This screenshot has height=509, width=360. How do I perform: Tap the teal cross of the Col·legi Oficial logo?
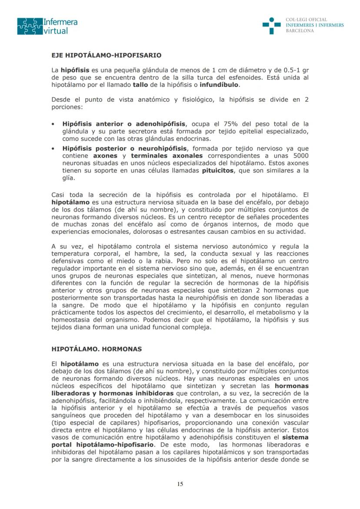click(x=271, y=26)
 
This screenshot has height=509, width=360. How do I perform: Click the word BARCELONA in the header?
click(x=300, y=31)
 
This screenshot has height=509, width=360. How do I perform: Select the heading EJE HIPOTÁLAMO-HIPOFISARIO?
click(x=107, y=55)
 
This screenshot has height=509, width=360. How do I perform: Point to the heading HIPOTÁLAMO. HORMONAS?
click(x=97, y=349)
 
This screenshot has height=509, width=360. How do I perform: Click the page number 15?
click(x=180, y=485)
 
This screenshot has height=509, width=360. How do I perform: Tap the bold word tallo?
click(x=140, y=85)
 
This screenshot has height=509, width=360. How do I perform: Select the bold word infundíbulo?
click(x=219, y=85)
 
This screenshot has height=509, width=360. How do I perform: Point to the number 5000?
click(x=300, y=155)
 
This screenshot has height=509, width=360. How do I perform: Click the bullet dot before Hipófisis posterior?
click(x=53, y=148)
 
